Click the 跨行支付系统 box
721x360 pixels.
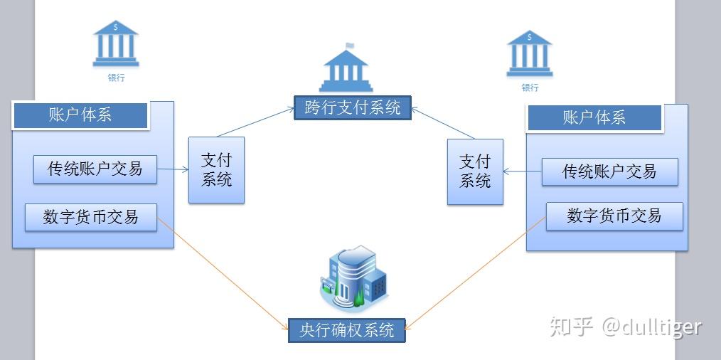[353, 107]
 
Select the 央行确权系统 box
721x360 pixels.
[346, 330]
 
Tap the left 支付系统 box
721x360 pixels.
[216, 169]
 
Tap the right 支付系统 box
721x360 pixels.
[475, 171]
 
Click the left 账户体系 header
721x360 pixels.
[80, 115]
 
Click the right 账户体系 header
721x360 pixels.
[594, 118]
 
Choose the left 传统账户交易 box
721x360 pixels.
[95, 169]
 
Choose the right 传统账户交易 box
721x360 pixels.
[609, 171]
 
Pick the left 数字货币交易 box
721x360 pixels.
[90, 216]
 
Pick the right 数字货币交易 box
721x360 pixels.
[614, 216]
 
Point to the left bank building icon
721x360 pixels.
[116, 43]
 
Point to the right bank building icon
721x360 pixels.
[530, 53]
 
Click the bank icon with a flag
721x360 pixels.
[346, 68]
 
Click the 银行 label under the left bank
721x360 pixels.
[116, 78]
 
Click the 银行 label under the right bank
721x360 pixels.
[530, 88]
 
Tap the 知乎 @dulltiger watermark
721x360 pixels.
[626, 327]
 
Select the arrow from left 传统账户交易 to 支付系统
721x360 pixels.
[173, 169]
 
